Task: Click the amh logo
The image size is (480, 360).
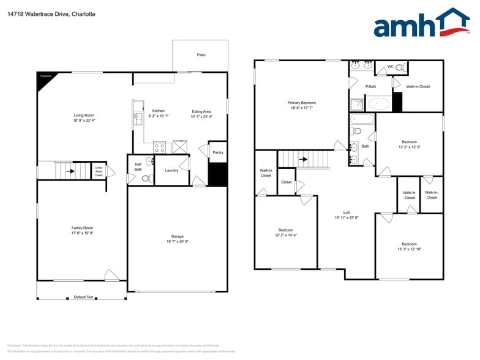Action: pos(421,24)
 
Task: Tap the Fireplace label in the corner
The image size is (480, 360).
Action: pos(45,76)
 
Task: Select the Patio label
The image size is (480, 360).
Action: pos(201,55)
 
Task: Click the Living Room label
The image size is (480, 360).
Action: pos(84,115)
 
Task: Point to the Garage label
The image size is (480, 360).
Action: pos(177,236)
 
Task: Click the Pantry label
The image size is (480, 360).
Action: pos(217,152)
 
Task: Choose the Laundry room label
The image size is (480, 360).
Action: pos(172,170)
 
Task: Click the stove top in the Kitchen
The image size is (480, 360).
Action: pos(159,147)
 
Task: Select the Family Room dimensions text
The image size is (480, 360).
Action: pos(83,233)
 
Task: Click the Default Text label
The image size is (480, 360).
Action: pos(83,297)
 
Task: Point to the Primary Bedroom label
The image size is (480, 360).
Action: pos(302,102)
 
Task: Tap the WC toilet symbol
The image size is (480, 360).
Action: pos(399,67)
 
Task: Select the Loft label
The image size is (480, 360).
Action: pos(347,212)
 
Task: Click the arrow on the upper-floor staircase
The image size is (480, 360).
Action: pos(302,159)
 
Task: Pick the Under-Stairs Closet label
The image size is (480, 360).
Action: pos(99,171)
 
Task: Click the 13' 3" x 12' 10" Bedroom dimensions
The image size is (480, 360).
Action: pos(409,249)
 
